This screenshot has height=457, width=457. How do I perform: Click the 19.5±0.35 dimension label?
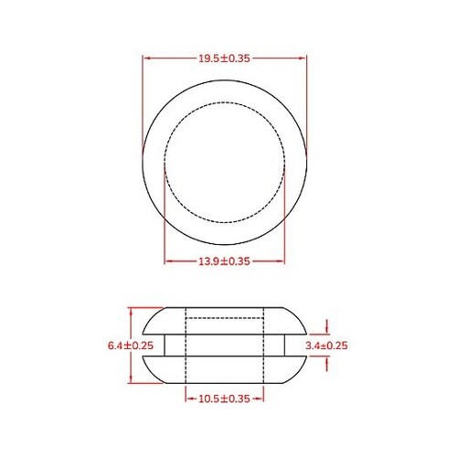(x=225, y=58)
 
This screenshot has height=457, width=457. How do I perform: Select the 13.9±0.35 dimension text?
(x=225, y=261)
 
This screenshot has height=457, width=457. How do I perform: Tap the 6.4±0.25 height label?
(x=131, y=345)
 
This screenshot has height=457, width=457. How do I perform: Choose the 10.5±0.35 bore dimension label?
(x=225, y=399)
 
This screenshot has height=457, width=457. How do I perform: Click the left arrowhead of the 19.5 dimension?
(x=146, y=58)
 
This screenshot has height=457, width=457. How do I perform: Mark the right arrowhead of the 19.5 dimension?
(x=303, y=58)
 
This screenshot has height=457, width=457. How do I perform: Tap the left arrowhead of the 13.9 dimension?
(x=167, y=261)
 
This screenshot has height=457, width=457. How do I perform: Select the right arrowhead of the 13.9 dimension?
(x=282, y=261)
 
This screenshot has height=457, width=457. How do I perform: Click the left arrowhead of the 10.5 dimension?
(x=188, y=399)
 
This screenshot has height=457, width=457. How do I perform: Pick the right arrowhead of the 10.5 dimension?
(x=261, y=399)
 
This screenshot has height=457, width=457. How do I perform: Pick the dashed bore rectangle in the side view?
(x=225, y=345)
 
